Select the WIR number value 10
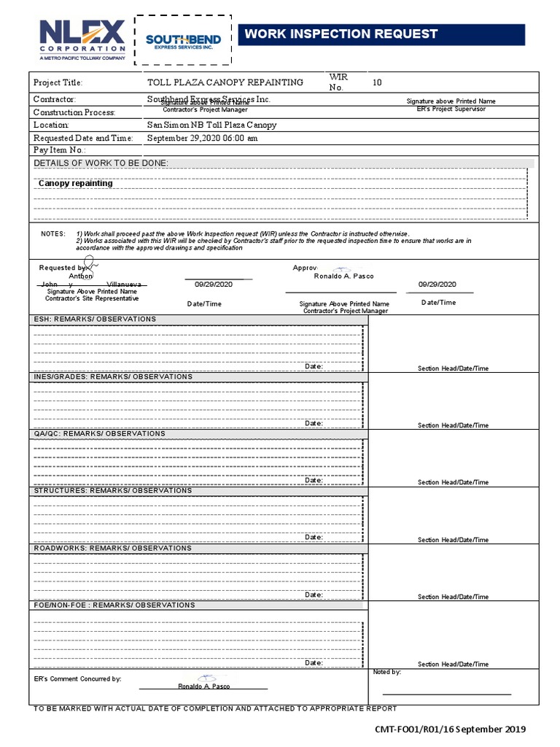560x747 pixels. [377, 82]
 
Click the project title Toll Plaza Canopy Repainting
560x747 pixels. [225, 82]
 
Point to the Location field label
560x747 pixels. [51, 125]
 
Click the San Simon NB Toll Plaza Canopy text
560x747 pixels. [211, 125]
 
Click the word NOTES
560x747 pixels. [53, 233]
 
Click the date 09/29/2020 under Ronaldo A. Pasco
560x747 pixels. [437, 285]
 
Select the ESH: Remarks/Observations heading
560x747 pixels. [95, 320]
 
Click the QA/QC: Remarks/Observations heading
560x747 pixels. [99, 433]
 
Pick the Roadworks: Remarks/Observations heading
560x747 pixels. [112, 548]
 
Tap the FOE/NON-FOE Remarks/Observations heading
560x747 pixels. [114, 605]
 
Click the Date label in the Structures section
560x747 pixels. [314, 537]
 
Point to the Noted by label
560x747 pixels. [386, 672]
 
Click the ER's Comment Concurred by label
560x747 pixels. [77, 679]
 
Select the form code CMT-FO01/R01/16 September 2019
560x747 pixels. [449, 729]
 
